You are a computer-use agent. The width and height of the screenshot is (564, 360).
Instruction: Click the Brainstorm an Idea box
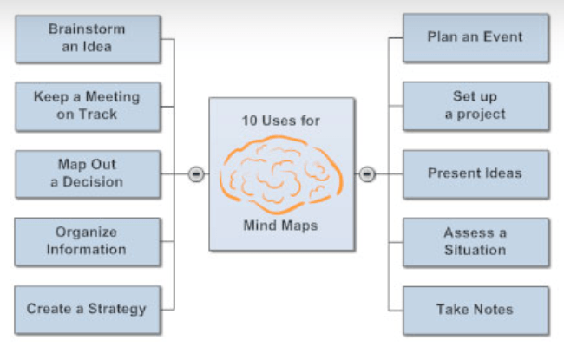(x=87, y=38)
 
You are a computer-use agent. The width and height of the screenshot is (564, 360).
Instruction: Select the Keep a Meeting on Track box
(x=87, y=106)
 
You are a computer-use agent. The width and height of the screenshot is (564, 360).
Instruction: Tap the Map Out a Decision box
(x=87, y=173)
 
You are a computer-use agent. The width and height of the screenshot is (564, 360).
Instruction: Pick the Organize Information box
(x=87, y=241)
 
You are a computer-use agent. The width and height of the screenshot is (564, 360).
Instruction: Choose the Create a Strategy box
(x=87, y=309)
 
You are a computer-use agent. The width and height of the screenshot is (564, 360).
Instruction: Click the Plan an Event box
(x=475, y=38)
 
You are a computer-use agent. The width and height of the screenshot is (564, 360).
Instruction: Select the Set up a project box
(x=475, y=106)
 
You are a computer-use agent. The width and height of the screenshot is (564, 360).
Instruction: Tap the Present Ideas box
(x=475, y=173)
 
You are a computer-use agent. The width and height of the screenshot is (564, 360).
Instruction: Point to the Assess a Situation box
(x=475, y=241)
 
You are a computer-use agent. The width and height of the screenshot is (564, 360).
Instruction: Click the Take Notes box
(x=475, y=309)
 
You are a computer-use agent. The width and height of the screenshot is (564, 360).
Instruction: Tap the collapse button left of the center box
(x=196, y=174)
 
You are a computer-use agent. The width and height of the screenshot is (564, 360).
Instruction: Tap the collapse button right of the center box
(x=367, y=174)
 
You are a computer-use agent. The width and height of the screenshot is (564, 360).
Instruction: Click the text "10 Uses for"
(x=280, y=121)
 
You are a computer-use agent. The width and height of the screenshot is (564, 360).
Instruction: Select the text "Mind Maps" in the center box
(x=280, y=227)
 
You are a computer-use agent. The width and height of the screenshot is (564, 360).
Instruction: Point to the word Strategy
(x=117, y=309)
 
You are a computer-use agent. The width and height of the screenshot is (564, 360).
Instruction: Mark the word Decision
(x=93, y=182)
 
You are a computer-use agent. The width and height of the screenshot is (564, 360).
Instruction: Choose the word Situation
(x=475, y=250)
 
